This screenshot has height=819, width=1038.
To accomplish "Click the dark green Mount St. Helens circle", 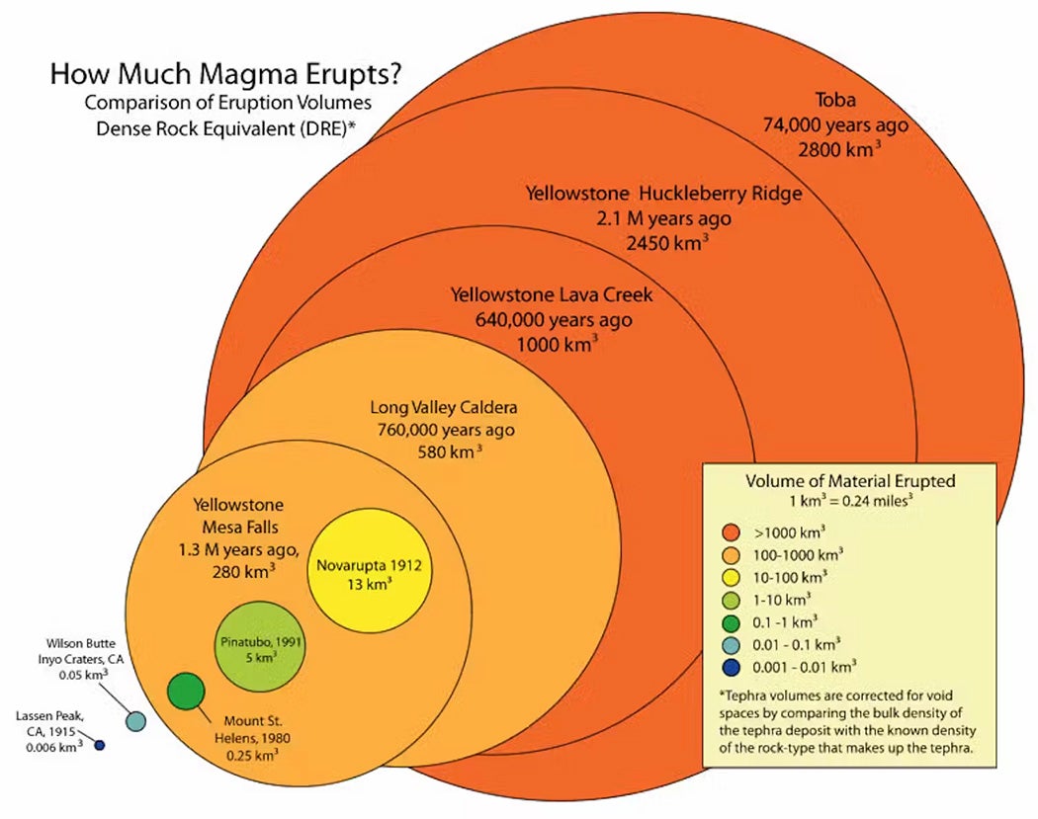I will [186, 691].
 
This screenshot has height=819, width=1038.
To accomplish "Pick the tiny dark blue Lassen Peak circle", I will [99, 745].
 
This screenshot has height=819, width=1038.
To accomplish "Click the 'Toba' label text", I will [835, 100].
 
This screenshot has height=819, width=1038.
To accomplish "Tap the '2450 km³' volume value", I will [666, 242].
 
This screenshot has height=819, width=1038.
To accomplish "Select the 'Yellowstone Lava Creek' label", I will [552, 294].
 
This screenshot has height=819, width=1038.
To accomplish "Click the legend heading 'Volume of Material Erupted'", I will [849, 481].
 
